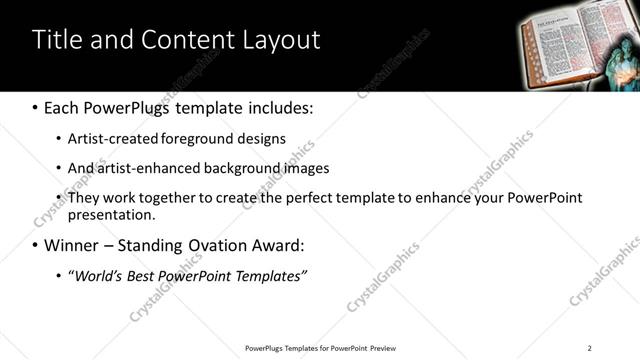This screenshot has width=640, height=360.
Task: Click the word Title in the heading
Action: tap(56, 40)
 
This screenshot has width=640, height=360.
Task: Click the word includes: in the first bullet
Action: tap(277, 106)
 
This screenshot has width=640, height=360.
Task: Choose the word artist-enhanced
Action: tap(153, 168)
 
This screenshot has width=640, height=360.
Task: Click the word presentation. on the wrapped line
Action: tap(111, 214)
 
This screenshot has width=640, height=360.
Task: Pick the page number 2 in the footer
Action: tap(589, 347)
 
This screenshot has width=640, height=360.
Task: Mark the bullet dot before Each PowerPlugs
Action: tap(36, 107)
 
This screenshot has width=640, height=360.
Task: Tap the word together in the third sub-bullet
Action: tap(170, 198)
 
